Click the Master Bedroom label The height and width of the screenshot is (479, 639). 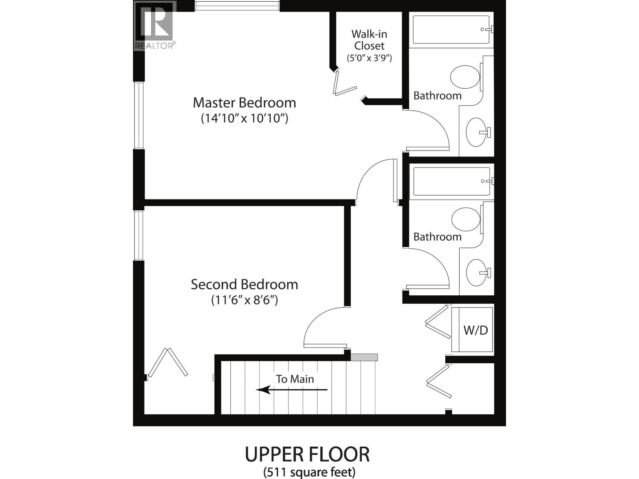pyautogui.click(x=244, y=103)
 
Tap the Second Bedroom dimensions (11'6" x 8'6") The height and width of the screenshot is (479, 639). pyautogui.click(x=244, y=300)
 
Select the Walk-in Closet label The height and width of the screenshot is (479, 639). pyautogui.click(x=369, y=40)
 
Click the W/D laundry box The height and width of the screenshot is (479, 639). pyautogui.click(x=475, y=330)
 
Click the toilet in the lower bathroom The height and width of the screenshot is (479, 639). pyautogui.click(x=466, y=219)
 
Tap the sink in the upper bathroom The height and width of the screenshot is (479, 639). pyautogui.click(x=476, y=132)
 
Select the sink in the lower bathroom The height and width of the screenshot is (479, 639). pyautogui.click(x=476, y=273)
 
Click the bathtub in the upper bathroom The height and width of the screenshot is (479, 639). pyautogui.click(x=450, y=30)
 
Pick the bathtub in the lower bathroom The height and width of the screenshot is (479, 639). pyautogui.click(x=451, y=181)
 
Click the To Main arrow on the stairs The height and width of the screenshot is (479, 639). pyautogui.click(x=292, y=390)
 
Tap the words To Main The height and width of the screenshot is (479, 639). pyautogui.click(x=295, y=379)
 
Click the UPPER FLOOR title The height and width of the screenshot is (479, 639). pyautogui.click(x=307, y=454)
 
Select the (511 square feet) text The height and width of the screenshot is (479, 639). pyautogui.click(x=309, y=472)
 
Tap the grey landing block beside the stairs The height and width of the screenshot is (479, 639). pyautogui.click(x=364, y=357)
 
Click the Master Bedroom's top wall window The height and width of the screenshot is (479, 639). pyautogui.click(x=237, y=6)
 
